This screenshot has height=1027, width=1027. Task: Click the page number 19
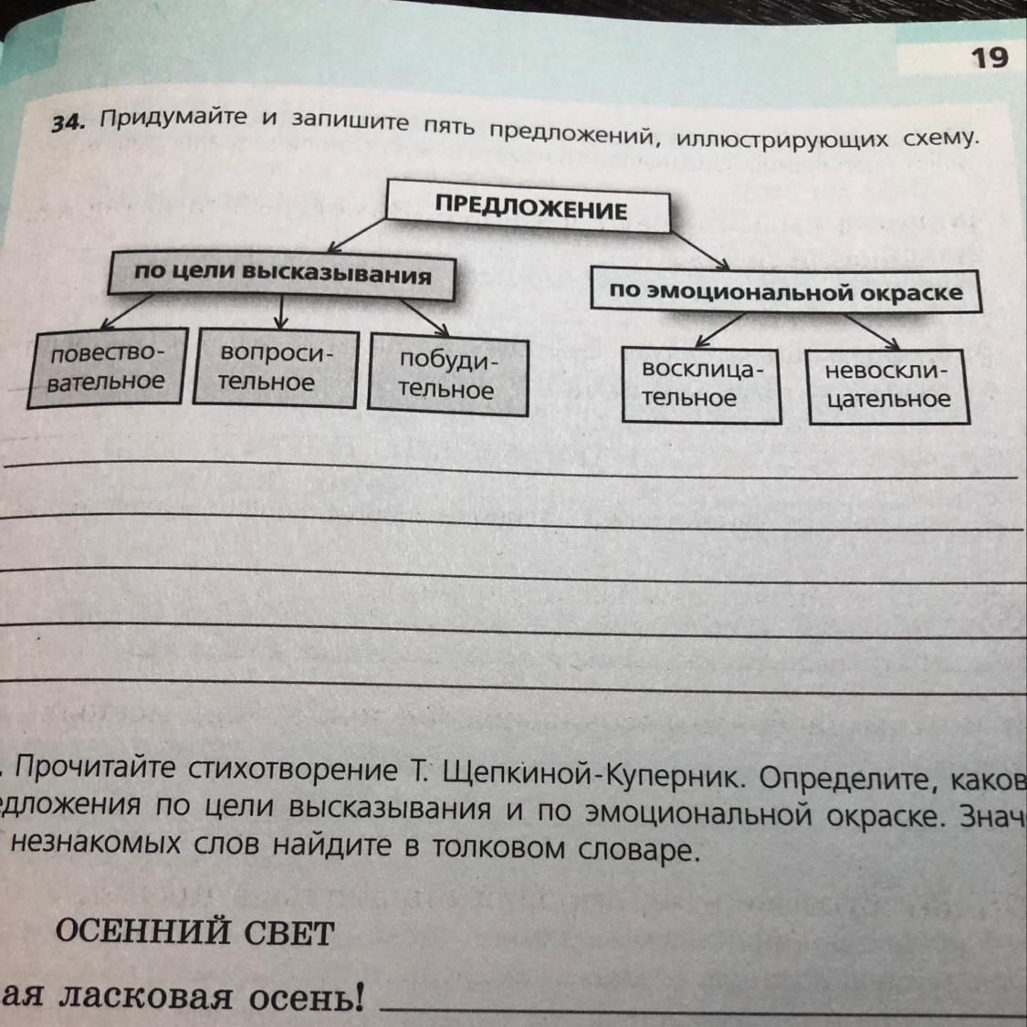(x=989, y=58)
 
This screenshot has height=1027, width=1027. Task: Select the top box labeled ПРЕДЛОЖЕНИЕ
(x=530, y=208)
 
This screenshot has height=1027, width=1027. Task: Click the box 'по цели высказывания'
(x=282, y=274)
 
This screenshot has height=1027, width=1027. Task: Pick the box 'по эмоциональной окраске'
(x=785, y=291)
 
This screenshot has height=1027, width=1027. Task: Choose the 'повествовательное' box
(x=107, y=367)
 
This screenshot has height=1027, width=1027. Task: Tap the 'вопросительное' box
(x=275, y=368)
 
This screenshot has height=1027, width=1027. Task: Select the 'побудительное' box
(x=447, y=376)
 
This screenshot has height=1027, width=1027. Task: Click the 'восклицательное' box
(x=700, y=385)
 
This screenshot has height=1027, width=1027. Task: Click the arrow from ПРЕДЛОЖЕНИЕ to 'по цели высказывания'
(x=358, y=234)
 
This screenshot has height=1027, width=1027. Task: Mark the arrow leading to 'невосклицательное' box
(x=872, y=332)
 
